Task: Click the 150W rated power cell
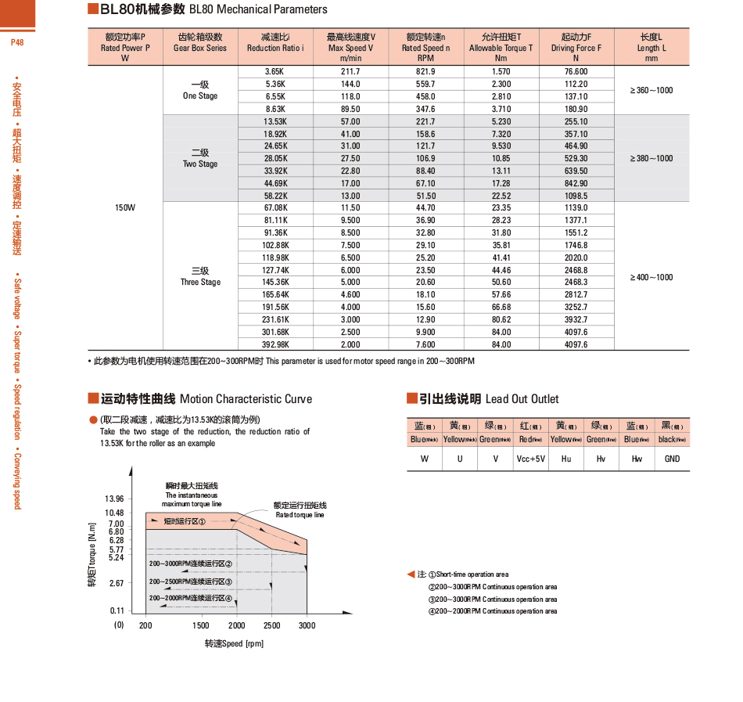pos(125,207)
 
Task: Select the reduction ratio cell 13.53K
pos(275,121)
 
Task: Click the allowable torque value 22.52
pos(501,196)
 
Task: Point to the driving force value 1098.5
pos(576,196)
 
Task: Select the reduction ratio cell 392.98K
pos(275,344)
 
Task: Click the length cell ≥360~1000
pos(651,90)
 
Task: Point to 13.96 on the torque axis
pos(114,499)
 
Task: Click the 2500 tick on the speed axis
pos(271,625)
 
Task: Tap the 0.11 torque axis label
pos(117,610)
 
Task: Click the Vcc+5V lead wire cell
pos(530,459)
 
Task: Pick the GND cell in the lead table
pos(672,459)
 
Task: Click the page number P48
pos(17,42)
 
